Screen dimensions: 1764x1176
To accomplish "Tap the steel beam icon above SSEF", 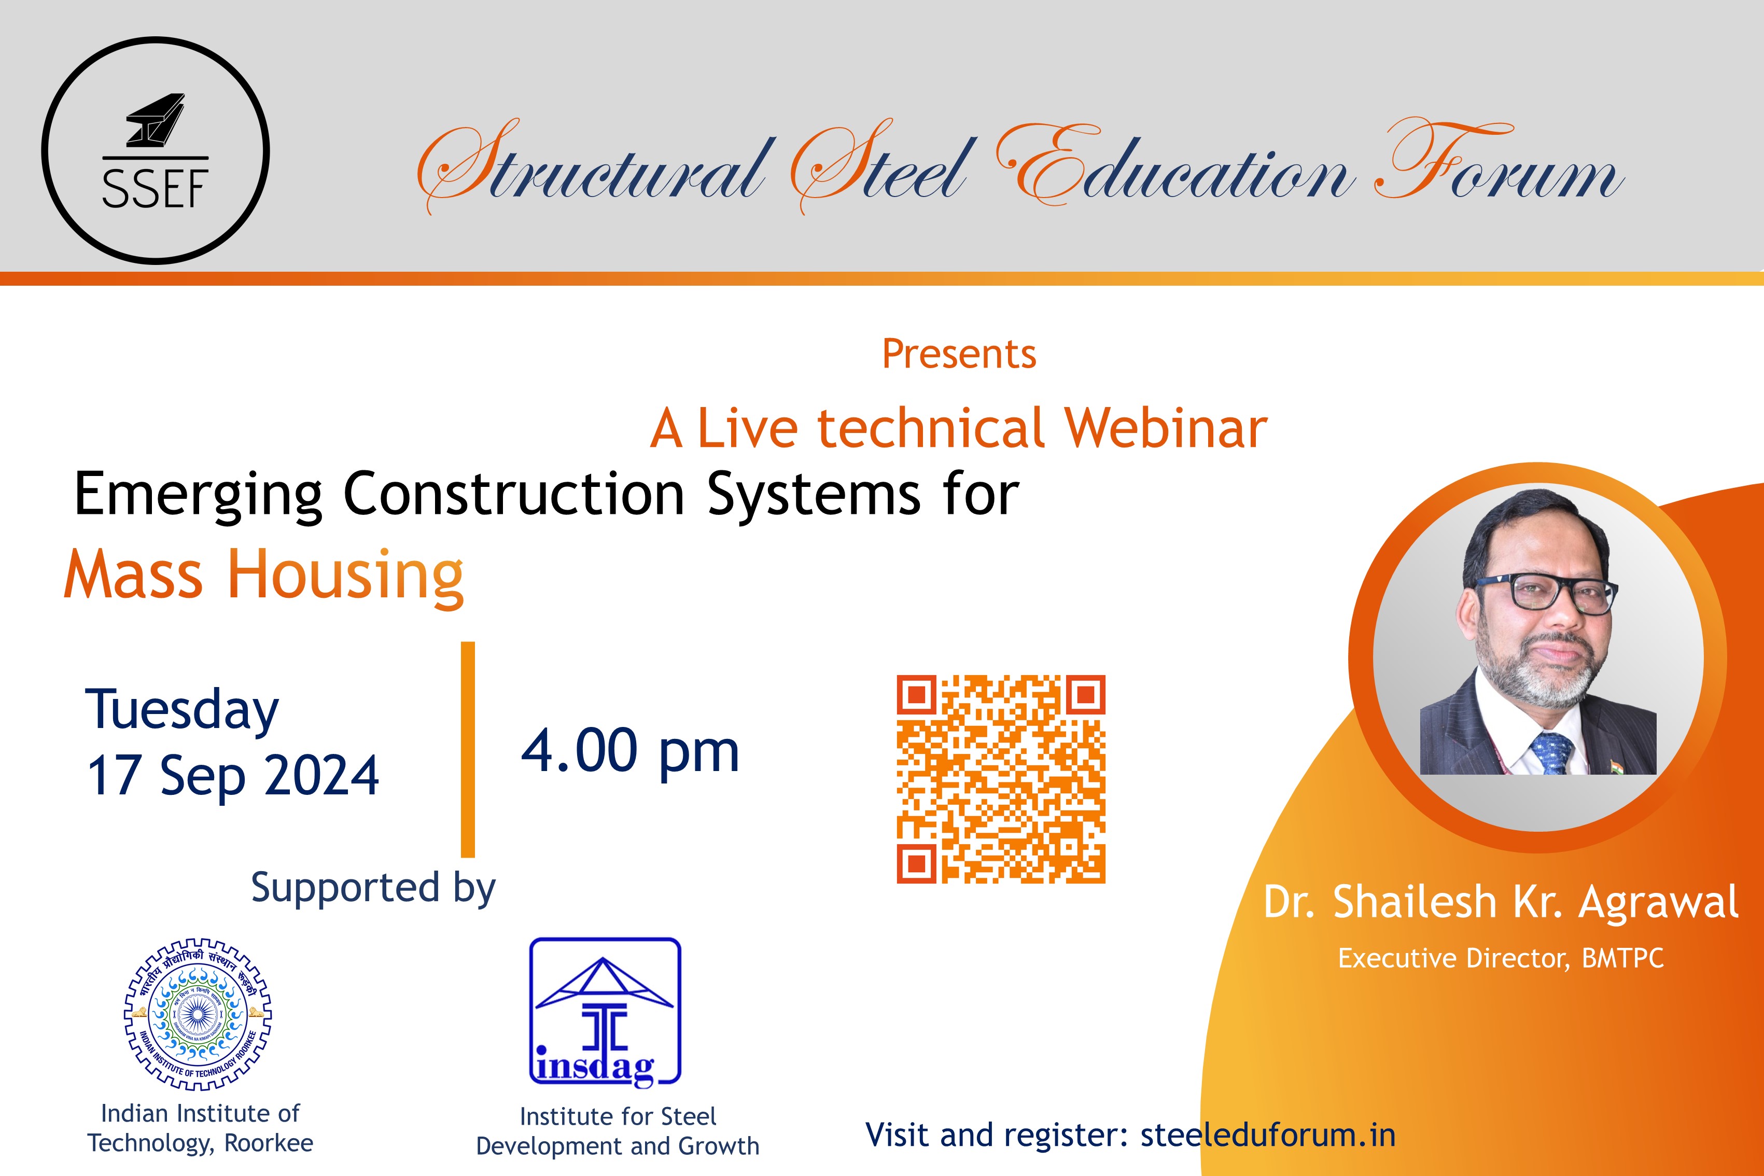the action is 155,120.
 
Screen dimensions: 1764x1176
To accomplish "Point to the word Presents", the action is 959,354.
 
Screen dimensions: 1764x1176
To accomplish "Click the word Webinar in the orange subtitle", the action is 1166,428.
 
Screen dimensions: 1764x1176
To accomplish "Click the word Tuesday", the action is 182,711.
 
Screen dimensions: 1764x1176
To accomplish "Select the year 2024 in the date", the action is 323,776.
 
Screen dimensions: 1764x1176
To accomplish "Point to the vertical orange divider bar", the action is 468,749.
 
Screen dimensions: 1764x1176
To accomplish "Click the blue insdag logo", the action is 605,1011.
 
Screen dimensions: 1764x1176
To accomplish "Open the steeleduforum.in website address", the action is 1267,1135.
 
